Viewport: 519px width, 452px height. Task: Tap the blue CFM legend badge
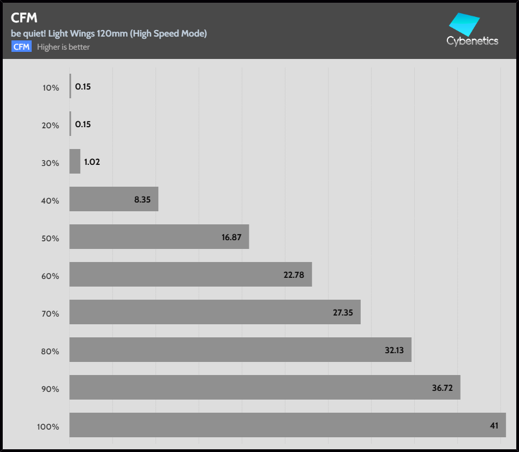point(21,47)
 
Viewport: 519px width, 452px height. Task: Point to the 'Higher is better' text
point(63,47)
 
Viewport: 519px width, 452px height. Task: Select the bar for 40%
point(114,199)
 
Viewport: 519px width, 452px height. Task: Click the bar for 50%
point(159,237)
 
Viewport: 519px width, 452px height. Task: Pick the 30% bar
point(75,162)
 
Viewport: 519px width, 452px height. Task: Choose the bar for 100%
point(288,425)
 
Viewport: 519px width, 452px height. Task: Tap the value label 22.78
point(294,275)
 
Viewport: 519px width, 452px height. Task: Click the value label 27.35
point(343,312)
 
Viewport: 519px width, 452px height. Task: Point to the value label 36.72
point(443,388)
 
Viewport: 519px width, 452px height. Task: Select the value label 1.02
point(92,162)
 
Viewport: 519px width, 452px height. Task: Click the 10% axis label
point(51,87)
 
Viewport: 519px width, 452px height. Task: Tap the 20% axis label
point(51,125)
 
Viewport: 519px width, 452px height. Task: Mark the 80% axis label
point(50,351)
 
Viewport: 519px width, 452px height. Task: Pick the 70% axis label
point(50,313)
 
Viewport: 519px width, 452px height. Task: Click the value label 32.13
point(394,350)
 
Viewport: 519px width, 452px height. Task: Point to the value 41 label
point(494,425)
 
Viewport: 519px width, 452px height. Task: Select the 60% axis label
point(50,276)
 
